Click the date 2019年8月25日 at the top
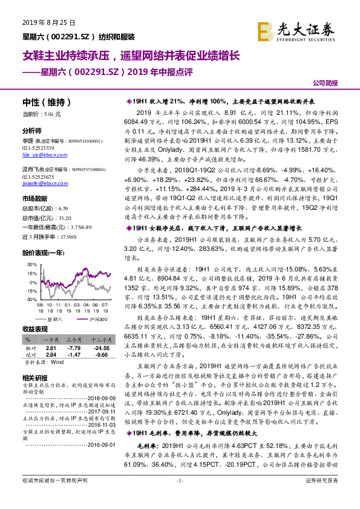44,23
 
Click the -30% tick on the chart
29,299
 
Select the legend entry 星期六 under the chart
54,319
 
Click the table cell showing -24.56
99,348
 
